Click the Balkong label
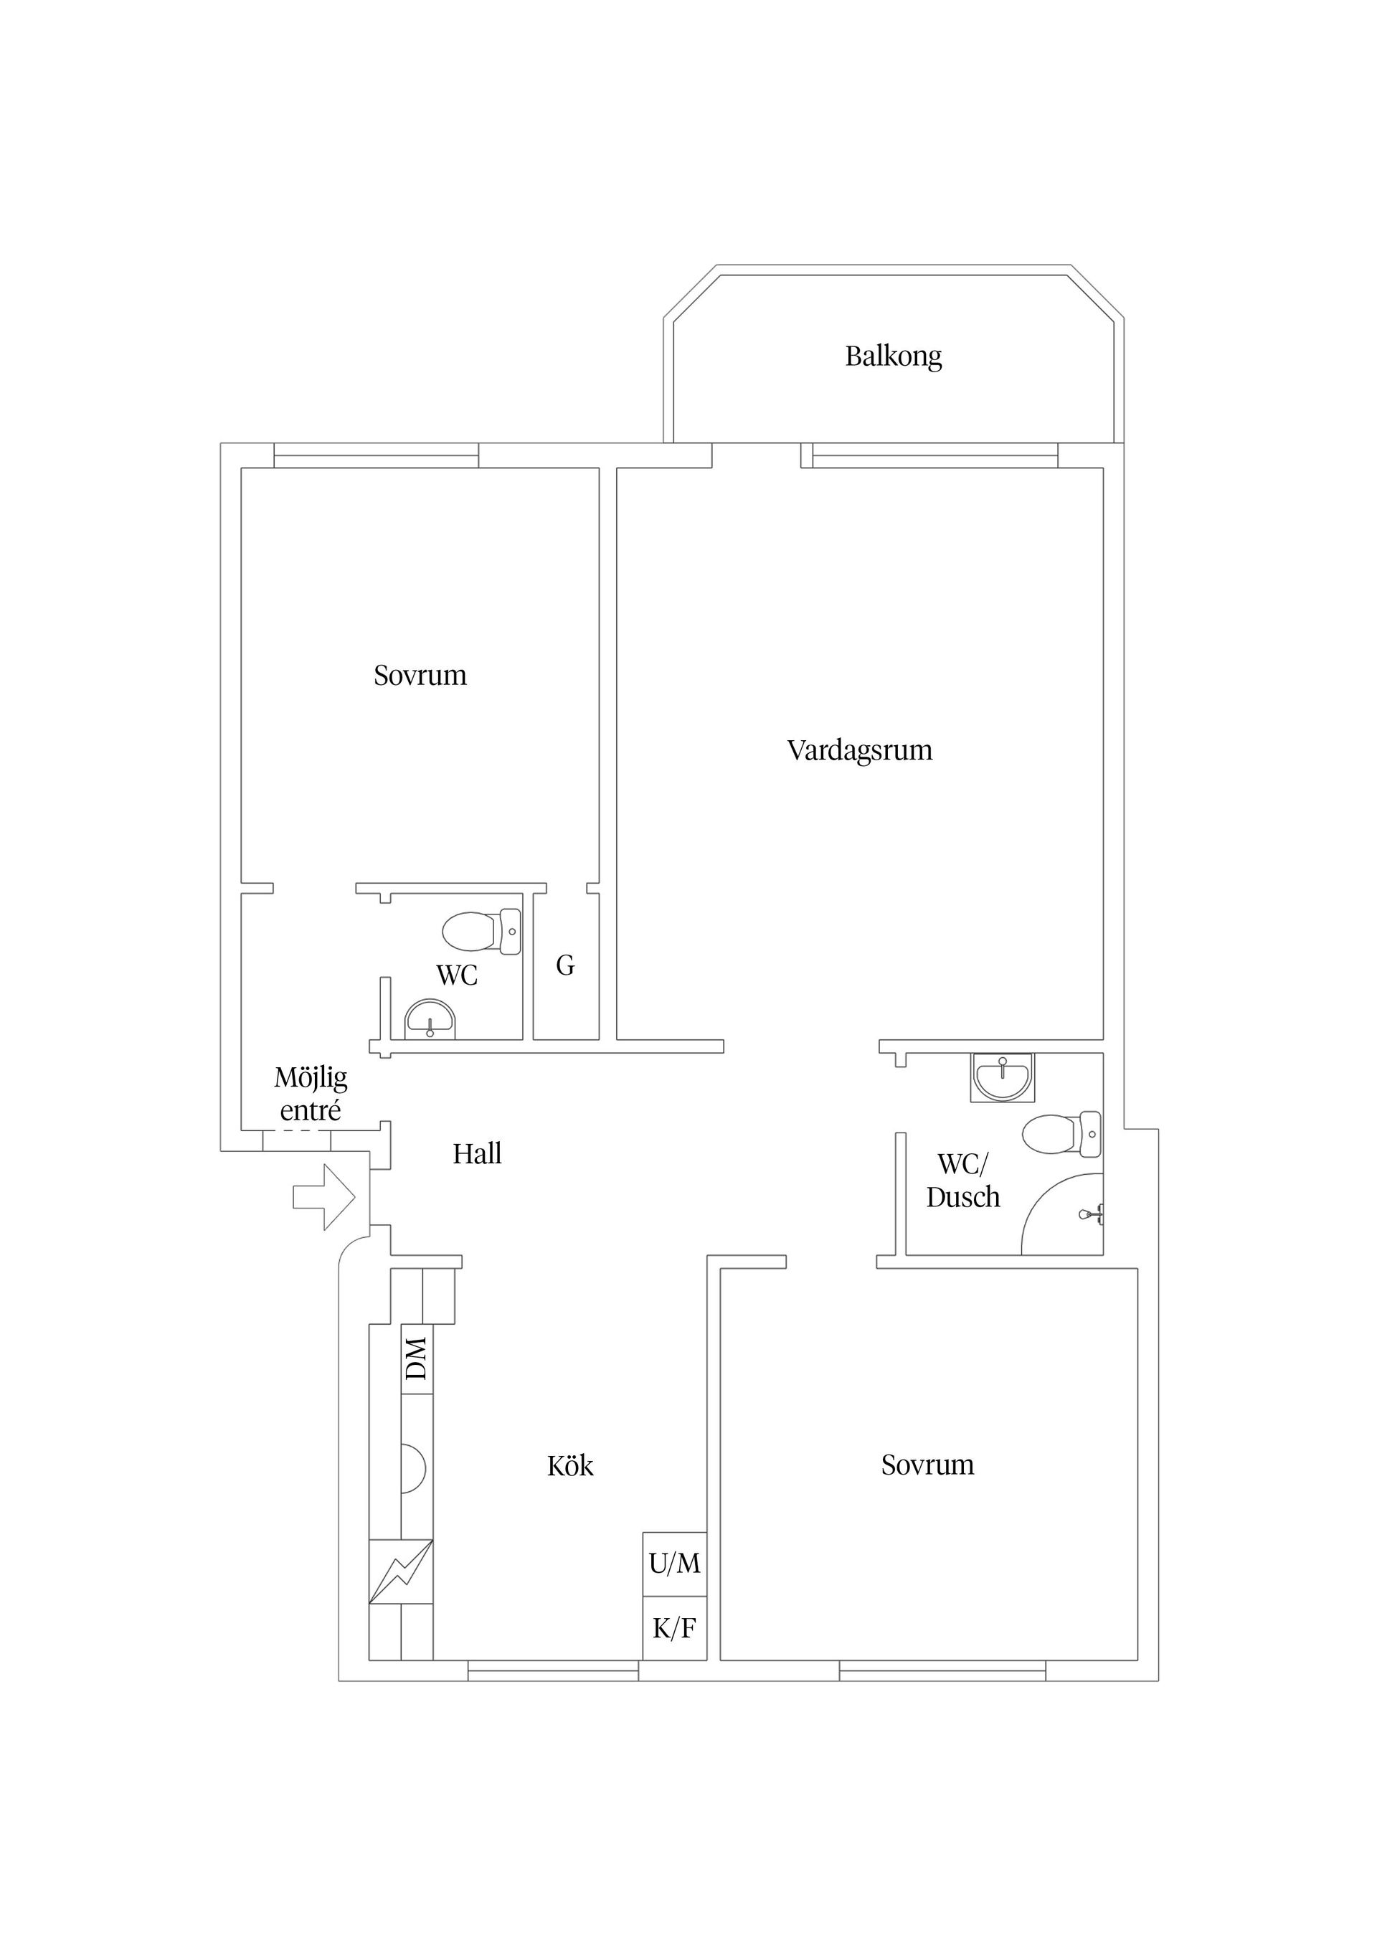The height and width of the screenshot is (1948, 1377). click(x=893, y=356)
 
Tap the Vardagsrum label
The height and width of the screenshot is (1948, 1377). click(x=858, y=751)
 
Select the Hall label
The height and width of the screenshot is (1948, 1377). click(x=477, y=1154)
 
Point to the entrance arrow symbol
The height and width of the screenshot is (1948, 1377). click(x=323, y=1197)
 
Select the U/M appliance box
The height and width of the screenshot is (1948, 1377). click(x=674, y=1563)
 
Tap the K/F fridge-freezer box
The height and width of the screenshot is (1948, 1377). click(x=674, y=1628)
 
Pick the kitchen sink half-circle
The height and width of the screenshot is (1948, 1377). click(x=413, y=1469)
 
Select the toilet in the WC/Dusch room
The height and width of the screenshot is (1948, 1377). click(x=1061, y=1133)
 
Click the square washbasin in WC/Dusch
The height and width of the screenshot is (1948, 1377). click(x=1002, y=1077)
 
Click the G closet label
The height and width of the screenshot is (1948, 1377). click(x=565, y=965)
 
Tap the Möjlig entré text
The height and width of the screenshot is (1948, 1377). click(x=311, y=1094)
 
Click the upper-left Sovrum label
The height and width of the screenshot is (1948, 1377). click(x=420, y=676)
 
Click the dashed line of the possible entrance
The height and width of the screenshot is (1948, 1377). click(x=295, y=1132)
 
